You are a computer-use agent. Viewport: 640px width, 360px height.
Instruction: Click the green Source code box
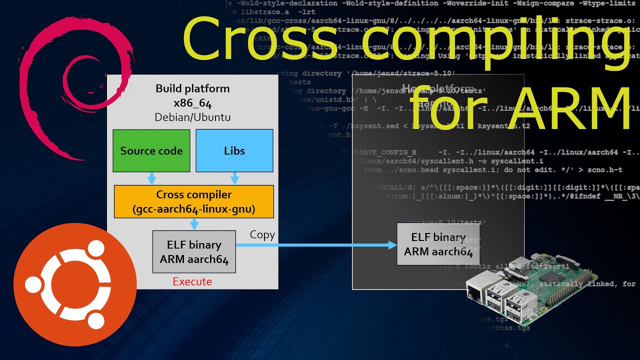point(151,151)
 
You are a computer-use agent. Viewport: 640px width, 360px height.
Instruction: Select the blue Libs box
point(234,151)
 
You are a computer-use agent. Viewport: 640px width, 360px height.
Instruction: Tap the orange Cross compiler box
point(194,202)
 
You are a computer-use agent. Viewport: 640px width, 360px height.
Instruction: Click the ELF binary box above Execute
point(194,252)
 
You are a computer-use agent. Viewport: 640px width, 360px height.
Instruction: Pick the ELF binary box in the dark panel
point(438,244)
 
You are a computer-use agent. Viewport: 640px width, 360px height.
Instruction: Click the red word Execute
point(192,282)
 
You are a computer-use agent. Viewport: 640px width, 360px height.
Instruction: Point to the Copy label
point(262,235)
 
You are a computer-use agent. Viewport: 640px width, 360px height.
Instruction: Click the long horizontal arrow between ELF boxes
point(315,245)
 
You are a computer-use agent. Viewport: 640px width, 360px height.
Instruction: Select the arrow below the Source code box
point(152,178)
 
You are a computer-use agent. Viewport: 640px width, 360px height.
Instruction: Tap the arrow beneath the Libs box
point(234,178)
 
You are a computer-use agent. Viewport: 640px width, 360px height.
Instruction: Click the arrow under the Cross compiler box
point(194,224)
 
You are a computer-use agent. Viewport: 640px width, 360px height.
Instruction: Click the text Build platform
point(192,89)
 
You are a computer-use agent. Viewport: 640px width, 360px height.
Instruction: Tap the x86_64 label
point(192,103)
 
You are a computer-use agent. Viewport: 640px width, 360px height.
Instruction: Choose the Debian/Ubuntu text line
point(192,117)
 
